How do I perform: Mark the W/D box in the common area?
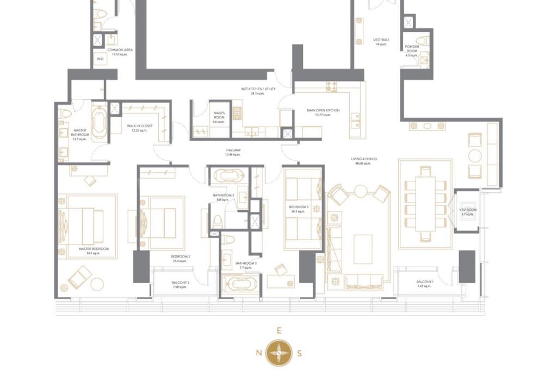click(x=100, y=59)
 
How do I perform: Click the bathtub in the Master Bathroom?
click(x=100, y=124)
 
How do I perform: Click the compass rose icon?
click(x=279, y=352)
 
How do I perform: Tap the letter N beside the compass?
click(x=258, y=353)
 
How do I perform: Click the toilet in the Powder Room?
click(x=422, y=41)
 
